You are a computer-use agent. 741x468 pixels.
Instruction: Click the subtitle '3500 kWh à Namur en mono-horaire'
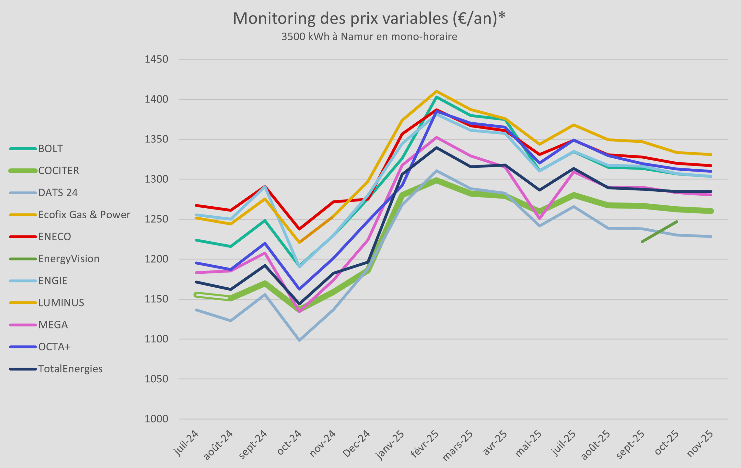pyautogui.click(x=369, y=36)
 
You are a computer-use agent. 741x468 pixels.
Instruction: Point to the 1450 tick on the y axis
pyautogui.click(x=156, y=60)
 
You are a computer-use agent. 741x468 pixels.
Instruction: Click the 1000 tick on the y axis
pyautogui.click(x=156, y=419)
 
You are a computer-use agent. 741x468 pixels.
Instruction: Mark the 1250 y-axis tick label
pyautogui.click(x=156, y=219)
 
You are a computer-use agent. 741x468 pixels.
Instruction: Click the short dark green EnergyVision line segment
pyautogui.click(x=659, y=232)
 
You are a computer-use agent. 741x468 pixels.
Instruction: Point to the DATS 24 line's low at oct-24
pyautogui.click(x=299, y=340)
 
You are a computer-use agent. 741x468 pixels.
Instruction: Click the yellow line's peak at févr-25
pyautogui.click(x=436, y=91)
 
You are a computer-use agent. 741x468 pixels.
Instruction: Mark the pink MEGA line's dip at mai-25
pyautogui.click(x=539, y=219)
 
